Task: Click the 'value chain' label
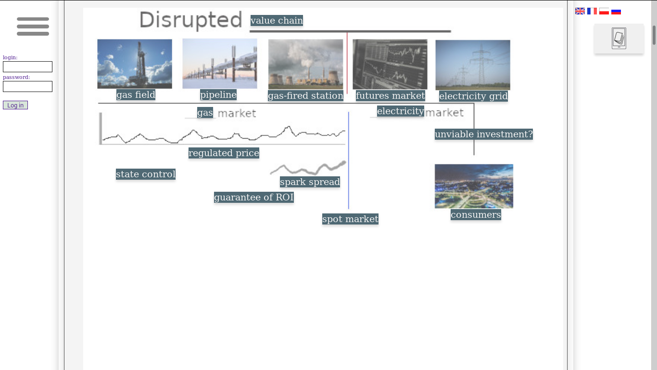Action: [277, 21]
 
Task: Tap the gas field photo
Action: [135, 64]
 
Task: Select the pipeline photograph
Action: [220, 64]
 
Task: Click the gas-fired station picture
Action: [305, 64]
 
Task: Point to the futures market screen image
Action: [390, 64]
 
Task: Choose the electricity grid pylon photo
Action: [473, 65]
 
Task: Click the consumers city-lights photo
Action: [474, 186]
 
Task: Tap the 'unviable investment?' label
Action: [484, 134]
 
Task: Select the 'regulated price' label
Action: [224, 153]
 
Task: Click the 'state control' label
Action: [146, 174]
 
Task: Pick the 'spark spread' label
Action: [310, 182]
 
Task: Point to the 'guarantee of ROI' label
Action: [253, 198]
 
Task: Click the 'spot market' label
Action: [350, 219]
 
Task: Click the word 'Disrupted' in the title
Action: [190, 21]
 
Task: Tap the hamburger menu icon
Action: [33, 26]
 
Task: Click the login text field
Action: [27, 67]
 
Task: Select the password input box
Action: [27, 87]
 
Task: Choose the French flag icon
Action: [592, 11]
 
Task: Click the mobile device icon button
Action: [619, 39]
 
